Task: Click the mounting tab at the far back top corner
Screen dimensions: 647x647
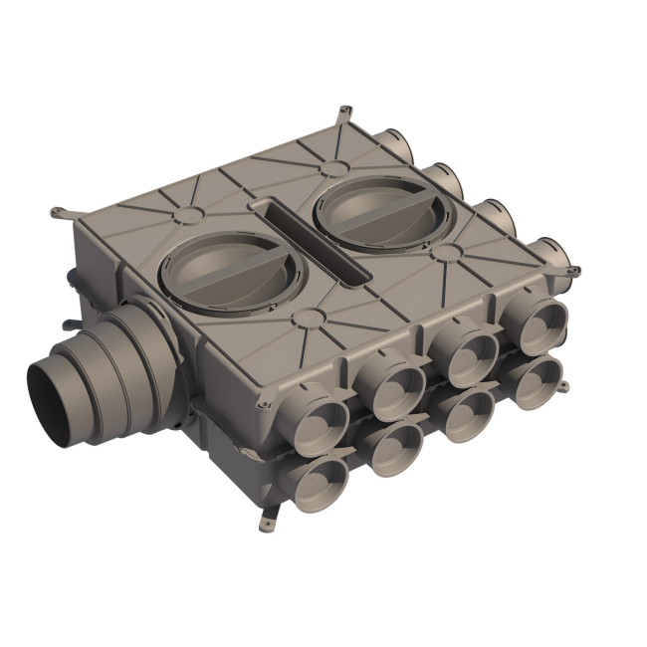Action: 343,107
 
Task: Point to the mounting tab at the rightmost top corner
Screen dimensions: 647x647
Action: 571,268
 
